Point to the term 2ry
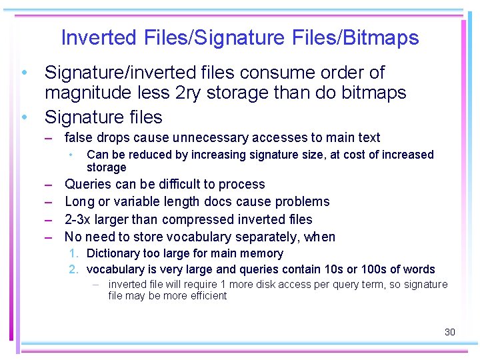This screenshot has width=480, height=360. [189, 93]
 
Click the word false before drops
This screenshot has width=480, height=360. [79, 138]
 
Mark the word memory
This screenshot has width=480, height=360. [263, 253]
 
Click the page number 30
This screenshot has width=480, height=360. [450, 332]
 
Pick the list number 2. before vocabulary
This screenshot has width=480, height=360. [74, 269]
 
